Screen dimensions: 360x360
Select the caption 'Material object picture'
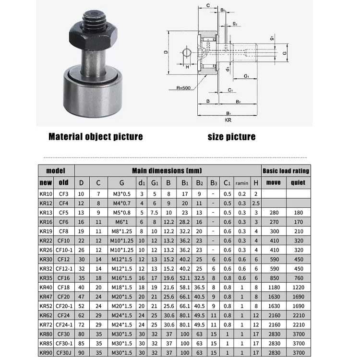(x=96, y=137)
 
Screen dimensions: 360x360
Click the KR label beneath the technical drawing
(x=228, y=120)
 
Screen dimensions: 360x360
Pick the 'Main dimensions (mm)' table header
(x=167, y=170)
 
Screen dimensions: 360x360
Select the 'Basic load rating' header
(x=286, y=171)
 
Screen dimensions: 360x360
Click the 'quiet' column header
(x=298, y=183)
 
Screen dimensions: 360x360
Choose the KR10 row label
(x=46, y=194)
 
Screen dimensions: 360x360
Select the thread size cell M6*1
(x=121, y=222)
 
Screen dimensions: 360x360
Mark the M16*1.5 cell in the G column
(x=121, y=277)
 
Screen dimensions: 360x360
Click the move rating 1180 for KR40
(x=274, y=287)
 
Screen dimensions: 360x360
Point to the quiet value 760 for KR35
(x=298, y=277)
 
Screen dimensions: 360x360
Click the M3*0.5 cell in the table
(x=121, y=194)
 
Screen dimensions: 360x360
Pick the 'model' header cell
(x=56, y=171)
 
